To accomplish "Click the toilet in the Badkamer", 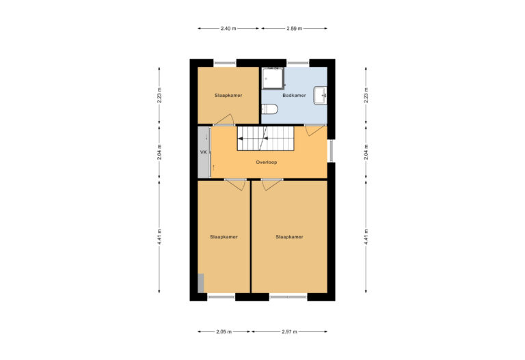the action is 269,109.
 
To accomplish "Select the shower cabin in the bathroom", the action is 273,79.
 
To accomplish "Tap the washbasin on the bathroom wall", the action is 320,96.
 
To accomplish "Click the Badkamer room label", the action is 294,96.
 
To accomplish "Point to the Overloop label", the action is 267,163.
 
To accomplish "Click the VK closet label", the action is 203,152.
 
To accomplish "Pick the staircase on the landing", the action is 265,138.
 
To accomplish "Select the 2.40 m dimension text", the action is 228,29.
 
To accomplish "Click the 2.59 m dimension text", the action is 295,29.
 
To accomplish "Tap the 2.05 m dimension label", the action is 224,332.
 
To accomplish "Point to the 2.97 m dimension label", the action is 290,332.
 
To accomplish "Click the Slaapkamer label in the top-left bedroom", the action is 228,96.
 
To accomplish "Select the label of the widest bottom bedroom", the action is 289,237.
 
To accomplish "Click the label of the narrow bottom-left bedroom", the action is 224,237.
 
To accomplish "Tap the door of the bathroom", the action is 314,130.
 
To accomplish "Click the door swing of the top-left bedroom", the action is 224,120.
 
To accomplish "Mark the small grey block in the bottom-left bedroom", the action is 201,283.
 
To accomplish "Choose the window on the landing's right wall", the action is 331,151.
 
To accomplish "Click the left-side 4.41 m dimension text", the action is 159,237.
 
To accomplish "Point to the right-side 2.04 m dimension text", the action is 366,152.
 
